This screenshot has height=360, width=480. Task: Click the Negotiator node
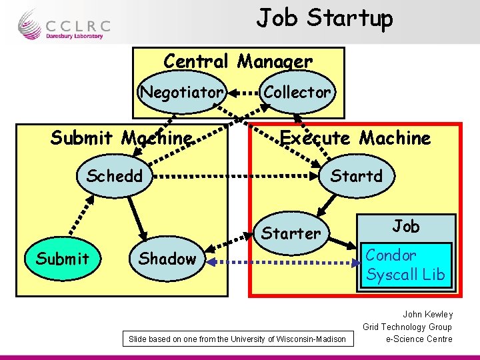pos(181,92)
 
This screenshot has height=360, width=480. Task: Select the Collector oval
pos(297,92)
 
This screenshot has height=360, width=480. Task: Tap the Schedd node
pos(115,177)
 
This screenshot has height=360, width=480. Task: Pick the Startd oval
pos(357,177)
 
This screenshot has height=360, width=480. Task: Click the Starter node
pos(291,233)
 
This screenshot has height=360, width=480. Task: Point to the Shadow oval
pos(167,259)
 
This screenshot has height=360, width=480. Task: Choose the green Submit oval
pos(63,259)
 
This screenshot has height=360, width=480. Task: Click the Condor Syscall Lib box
pos(405,265)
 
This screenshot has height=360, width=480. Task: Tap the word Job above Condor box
pos(405,226)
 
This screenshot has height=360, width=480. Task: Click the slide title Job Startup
pos(325,18)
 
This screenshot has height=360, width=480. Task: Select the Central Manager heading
pos(238,61)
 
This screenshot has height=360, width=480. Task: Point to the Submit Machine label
pos(121,138)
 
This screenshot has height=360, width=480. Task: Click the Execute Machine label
pos(355,138)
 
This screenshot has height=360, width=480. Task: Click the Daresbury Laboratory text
pos(74,36)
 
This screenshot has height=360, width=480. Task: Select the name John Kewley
pos(427,314)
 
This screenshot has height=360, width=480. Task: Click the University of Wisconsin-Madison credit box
pos(237,339)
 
